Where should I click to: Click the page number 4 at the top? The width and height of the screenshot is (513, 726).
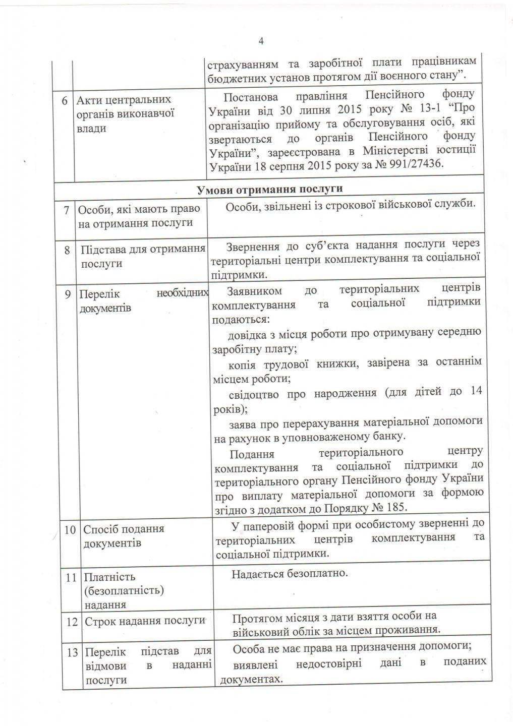[261, 41]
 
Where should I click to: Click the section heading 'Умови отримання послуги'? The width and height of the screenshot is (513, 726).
[270, 189]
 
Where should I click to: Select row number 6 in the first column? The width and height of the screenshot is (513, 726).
[65, 100]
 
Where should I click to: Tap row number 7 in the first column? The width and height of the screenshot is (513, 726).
[66, 209]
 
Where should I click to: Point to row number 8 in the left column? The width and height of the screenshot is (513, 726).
[67, 249]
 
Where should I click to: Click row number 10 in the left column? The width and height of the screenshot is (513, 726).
[70, 529]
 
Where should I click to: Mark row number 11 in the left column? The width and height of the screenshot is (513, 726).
[71, 577]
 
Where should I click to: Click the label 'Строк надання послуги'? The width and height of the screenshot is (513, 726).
[145, 621]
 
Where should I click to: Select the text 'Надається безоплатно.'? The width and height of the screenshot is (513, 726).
[290, 574]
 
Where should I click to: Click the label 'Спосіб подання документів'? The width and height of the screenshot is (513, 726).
[124, 536]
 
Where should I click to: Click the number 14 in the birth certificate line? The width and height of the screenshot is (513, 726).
[476, 391]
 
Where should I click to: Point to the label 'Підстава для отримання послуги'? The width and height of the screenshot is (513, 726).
[143, 256]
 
